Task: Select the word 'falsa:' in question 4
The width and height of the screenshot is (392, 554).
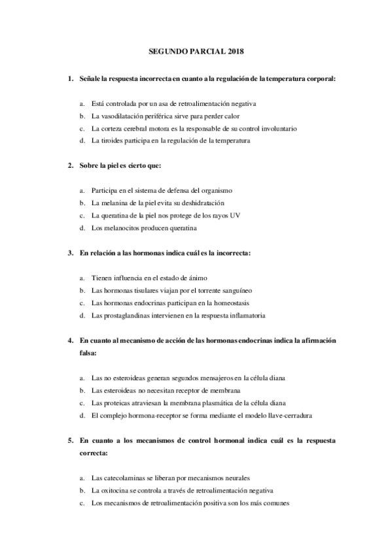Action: pos(88,353)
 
